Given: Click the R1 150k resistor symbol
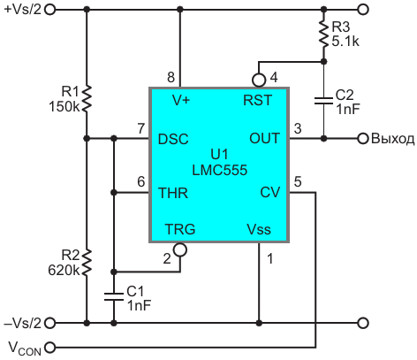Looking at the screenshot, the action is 87,98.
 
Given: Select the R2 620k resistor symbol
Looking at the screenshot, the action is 87,263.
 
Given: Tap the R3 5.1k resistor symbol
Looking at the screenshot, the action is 323,34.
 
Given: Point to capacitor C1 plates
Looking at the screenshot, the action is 114,296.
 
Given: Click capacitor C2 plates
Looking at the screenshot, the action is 323,101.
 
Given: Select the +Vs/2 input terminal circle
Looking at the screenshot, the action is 50,10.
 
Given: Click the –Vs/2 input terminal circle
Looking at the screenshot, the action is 50,323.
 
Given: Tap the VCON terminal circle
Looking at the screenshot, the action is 50,347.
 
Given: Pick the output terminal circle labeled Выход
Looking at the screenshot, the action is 363,138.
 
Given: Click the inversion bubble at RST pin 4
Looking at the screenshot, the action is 259,80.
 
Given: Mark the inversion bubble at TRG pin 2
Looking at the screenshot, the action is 180,249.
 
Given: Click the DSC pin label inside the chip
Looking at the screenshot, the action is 173,139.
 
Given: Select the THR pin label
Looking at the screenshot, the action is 173,193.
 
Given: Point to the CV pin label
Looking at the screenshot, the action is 270,193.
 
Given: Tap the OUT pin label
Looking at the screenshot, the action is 264,138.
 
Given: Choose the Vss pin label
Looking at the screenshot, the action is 259,229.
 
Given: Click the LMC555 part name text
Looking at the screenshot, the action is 220,170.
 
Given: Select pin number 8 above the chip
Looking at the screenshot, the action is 171,77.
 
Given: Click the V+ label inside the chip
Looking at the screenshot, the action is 181,101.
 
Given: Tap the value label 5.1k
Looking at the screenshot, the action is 345,42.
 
